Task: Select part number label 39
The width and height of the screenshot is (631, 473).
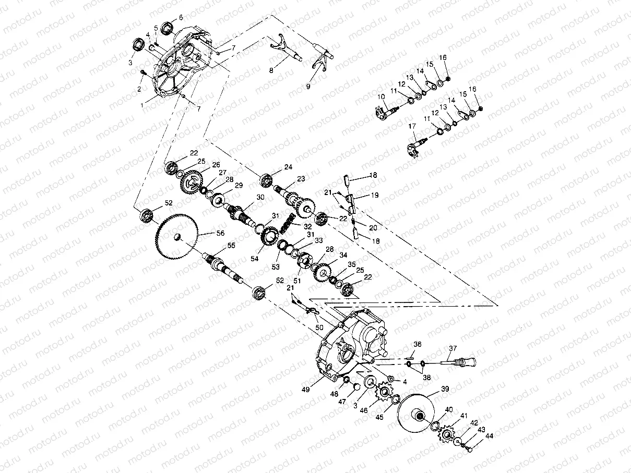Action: tap(445, 389)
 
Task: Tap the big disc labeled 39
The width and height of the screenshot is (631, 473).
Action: tap(418, 415)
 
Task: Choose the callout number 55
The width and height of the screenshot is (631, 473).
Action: tap(231, 245)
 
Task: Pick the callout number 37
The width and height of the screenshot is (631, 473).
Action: tap(452, 348)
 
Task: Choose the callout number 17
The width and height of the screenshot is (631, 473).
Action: tap(412, 126)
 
